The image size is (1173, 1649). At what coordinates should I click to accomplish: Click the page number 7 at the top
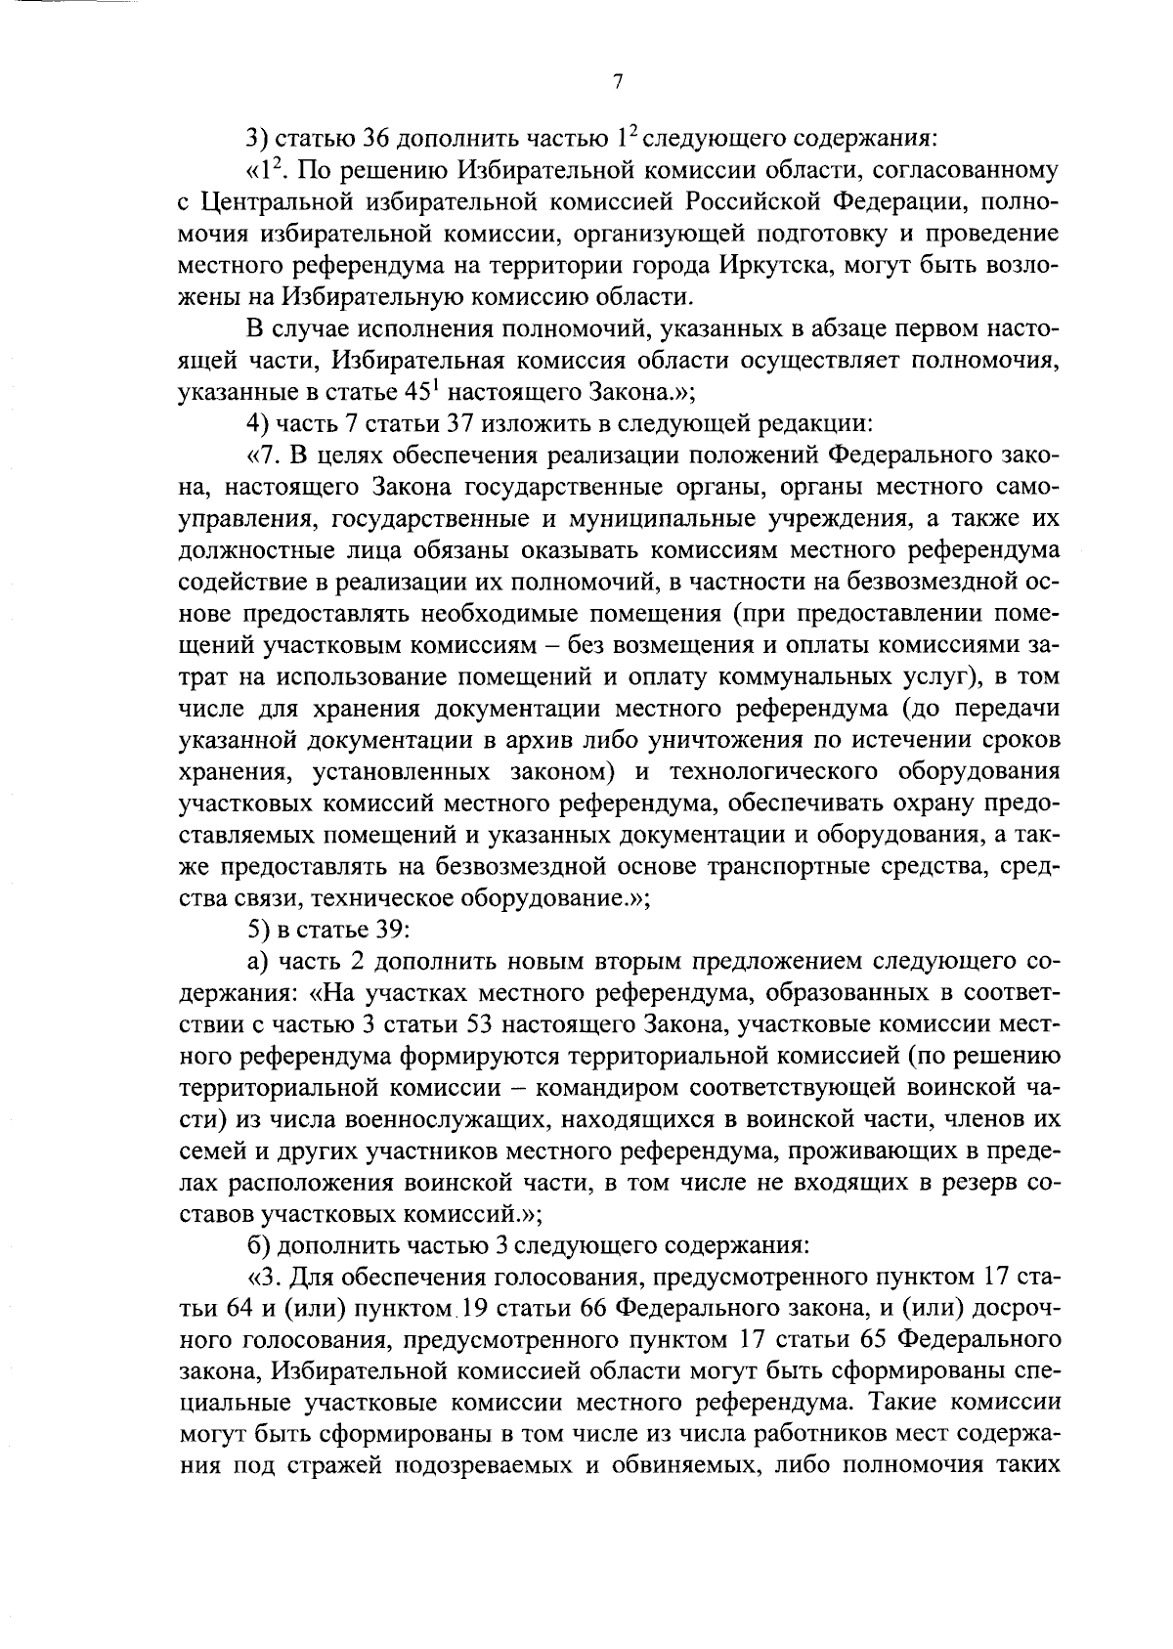[x=618, y=84]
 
